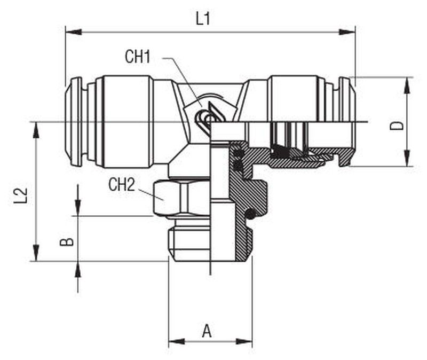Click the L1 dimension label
point(203,19)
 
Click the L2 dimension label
point(21,195)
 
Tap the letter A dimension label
point(207,331)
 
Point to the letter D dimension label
point(397,126)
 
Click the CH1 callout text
point(138,57)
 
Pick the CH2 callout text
point(122,184)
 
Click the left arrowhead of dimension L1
point(74,32)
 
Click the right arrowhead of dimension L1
point(347,32)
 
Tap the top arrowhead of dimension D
point(407,85)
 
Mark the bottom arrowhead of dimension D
point(407,158)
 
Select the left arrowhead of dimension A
point(177,341)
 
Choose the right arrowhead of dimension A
point(244,341)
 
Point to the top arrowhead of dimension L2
point(36,130)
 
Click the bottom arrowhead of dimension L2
point(36,253)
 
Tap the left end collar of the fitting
point(74,122)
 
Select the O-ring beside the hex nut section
point(251,214)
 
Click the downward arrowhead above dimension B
point(78,208)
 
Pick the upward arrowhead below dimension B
point(78,270)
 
